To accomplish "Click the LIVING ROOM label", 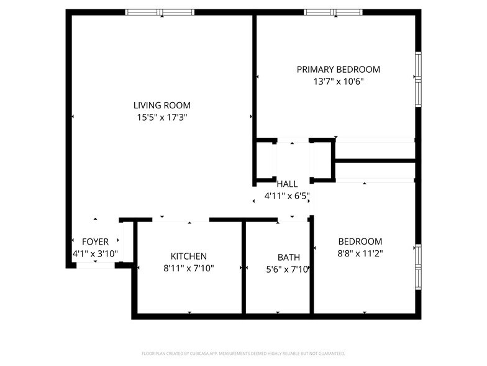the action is [x=162, y=105].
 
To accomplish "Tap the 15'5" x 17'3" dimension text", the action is [x=162, y=117].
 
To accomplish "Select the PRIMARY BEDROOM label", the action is [x=338, y=69].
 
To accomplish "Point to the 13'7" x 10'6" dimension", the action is [x=338, y=81].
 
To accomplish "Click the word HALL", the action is [x=287, y=184].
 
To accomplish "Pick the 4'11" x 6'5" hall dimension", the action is [x=287, y=196].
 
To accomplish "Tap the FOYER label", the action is [x=96, y=242].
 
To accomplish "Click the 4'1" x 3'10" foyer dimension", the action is [x=96, y=254].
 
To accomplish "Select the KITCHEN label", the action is [x=189, y=256].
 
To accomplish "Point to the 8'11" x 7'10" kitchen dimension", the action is [x=189, y=268].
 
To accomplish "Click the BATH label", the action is [x=289, y=258].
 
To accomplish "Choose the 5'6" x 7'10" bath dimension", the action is [x=288, y=269].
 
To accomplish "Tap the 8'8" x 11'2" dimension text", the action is [x=360, y=253].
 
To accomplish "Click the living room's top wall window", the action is [x=160, y=12].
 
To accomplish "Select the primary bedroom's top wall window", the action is [x=333, y=12].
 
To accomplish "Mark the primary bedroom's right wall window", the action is [x=419, y=79].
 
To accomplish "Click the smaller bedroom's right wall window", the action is [x=419, y=267].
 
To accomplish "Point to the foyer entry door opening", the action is [x=96, y=265].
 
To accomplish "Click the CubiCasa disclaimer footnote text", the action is [x=243, y=354].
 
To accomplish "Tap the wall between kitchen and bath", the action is [x=243, y=268].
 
